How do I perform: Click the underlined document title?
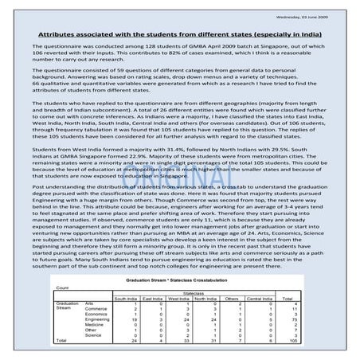[x=179, y=36]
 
